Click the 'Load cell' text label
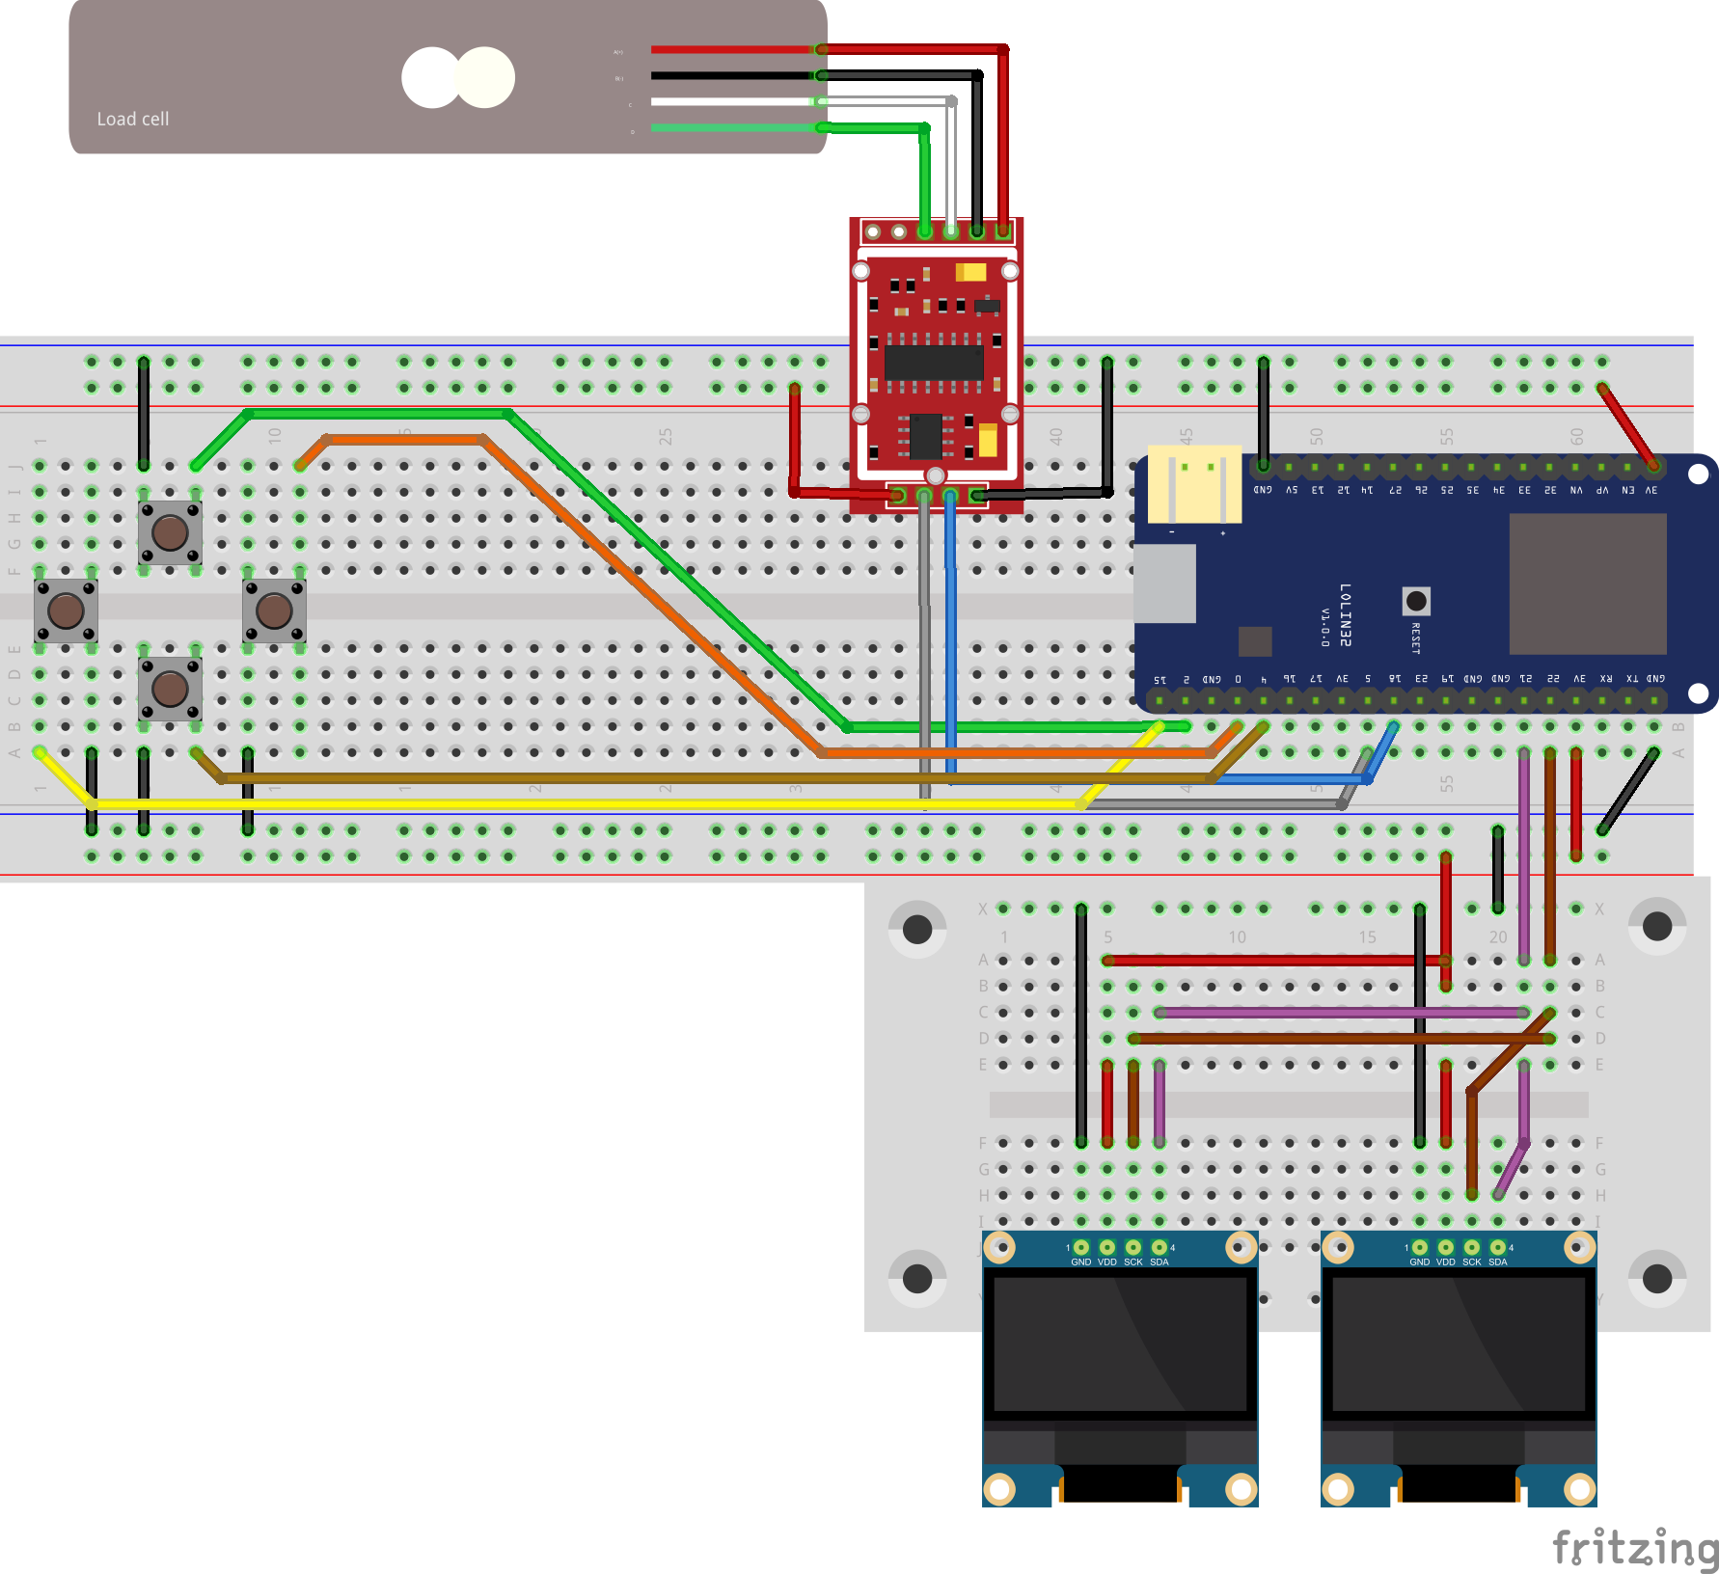point(133,119)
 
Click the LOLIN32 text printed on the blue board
point(1346,614)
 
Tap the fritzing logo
point(1634,1547)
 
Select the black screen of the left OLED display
point(1120,1344)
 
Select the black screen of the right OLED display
point(1459,1344)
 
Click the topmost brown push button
point(170,531)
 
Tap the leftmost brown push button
point(66,610)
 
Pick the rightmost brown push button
point(274,610)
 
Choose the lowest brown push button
point(170,689)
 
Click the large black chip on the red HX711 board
point(933,363)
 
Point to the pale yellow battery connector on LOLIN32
point(1194,483)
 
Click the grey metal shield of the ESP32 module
point(1587,583)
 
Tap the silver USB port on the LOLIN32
point(1165,583)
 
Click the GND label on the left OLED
point(1080,1262)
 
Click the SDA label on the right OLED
point(1497,1262)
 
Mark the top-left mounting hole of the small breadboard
point(916,929)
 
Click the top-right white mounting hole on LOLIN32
point(1698,474)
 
